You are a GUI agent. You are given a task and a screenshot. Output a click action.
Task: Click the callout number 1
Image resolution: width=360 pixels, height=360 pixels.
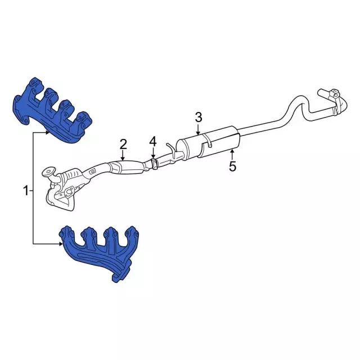26,191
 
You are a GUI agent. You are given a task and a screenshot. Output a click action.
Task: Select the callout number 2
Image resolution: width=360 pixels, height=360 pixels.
123,144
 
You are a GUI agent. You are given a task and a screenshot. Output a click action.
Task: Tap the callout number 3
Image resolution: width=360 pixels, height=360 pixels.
199,118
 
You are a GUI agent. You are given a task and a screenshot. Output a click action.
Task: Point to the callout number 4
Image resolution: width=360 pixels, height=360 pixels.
153,142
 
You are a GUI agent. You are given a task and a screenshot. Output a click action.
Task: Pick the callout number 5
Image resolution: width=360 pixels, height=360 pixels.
232,166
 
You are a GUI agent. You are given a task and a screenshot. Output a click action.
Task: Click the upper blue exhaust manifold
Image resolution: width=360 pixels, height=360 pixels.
52,110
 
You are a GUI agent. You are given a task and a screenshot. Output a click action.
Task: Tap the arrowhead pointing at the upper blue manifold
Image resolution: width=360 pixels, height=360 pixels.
48,133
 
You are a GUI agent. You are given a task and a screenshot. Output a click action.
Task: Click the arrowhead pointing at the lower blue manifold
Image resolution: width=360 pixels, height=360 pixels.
61,244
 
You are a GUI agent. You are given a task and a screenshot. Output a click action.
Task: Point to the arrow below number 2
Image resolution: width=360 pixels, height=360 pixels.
123,155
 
